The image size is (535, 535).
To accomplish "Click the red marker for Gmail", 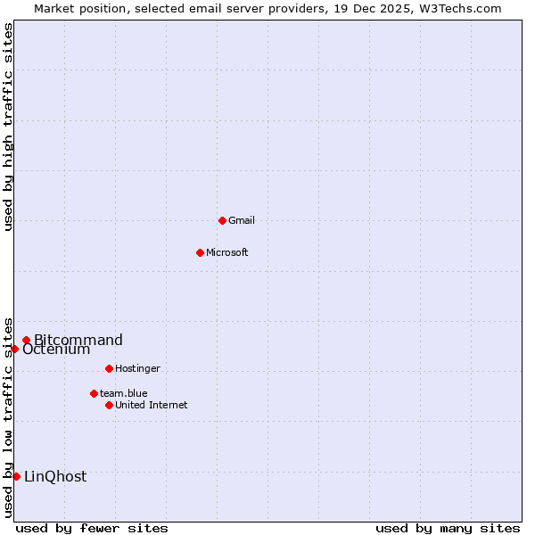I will (222, 220).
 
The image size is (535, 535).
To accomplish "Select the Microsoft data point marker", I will (200, 252).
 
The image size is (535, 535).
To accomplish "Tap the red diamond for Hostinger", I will (109, 368).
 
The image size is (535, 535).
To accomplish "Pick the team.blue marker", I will (94, 393).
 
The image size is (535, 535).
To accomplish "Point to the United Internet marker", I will (109, 405).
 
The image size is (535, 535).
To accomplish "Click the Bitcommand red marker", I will (27, 340).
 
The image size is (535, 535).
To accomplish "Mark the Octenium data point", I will (15, 349).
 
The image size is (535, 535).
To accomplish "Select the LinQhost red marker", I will (16, 476).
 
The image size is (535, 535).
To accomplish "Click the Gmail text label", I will (242, 220).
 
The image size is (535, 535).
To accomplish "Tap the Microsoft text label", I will (227, 252).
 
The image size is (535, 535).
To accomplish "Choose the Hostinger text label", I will (137, 368).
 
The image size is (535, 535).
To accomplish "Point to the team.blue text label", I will (124, 393).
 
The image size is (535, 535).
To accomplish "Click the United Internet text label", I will (152, 405).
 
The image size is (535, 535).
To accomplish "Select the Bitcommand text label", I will (78, 340).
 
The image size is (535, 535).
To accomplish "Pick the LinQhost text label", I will (55, 476).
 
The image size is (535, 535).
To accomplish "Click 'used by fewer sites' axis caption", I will (92, 528).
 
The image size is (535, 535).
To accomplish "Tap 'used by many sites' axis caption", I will (448, 528).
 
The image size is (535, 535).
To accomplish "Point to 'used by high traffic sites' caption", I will (8, 127).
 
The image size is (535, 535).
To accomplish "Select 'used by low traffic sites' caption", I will (8, 416).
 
